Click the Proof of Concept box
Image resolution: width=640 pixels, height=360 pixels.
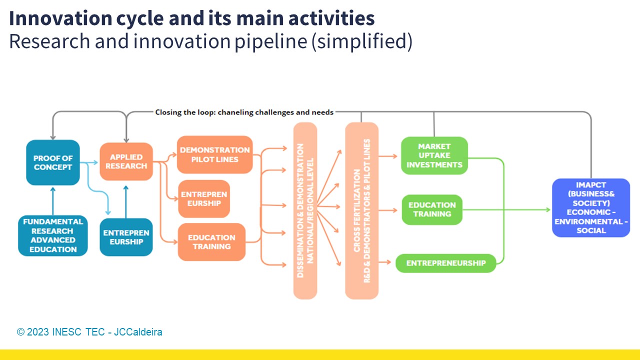53,162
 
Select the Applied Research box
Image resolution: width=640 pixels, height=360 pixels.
126,161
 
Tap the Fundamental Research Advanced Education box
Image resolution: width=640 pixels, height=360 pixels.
53,235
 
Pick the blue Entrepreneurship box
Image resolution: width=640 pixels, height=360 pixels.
126,237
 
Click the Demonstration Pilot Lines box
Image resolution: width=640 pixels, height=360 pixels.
214,154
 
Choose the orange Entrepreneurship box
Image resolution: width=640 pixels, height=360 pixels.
204,198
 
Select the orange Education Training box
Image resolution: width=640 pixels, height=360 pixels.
211,242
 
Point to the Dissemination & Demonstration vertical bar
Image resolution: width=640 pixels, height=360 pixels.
305,210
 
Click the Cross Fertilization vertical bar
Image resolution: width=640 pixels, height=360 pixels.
361,210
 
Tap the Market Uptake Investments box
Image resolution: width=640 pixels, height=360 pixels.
434,155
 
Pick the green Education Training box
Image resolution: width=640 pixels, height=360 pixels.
432,209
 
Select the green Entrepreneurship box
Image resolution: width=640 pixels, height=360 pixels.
445,263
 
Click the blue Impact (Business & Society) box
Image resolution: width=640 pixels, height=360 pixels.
591,207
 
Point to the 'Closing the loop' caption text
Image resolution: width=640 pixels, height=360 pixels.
244,112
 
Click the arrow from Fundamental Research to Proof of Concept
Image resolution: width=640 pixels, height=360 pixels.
53,200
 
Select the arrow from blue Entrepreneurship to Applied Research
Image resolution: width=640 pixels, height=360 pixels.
126,202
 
